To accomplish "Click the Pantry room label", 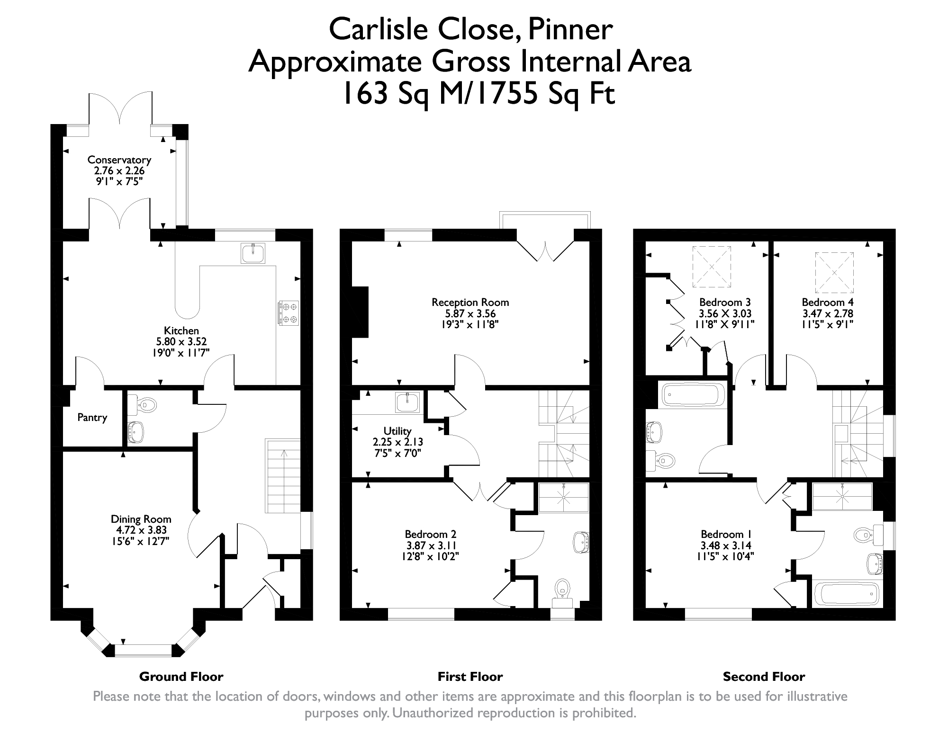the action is pos(92,418).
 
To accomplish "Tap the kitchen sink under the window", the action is pos(253,253).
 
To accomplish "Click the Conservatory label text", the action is pos(119,160).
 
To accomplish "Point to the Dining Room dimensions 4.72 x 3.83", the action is pos(141,530).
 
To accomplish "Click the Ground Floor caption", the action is pos(181,677).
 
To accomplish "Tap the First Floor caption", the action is pos(470,677).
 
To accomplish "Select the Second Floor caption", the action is pos(764,677).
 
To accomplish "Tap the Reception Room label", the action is pos(470,302).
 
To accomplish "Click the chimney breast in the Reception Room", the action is pos(360,312).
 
